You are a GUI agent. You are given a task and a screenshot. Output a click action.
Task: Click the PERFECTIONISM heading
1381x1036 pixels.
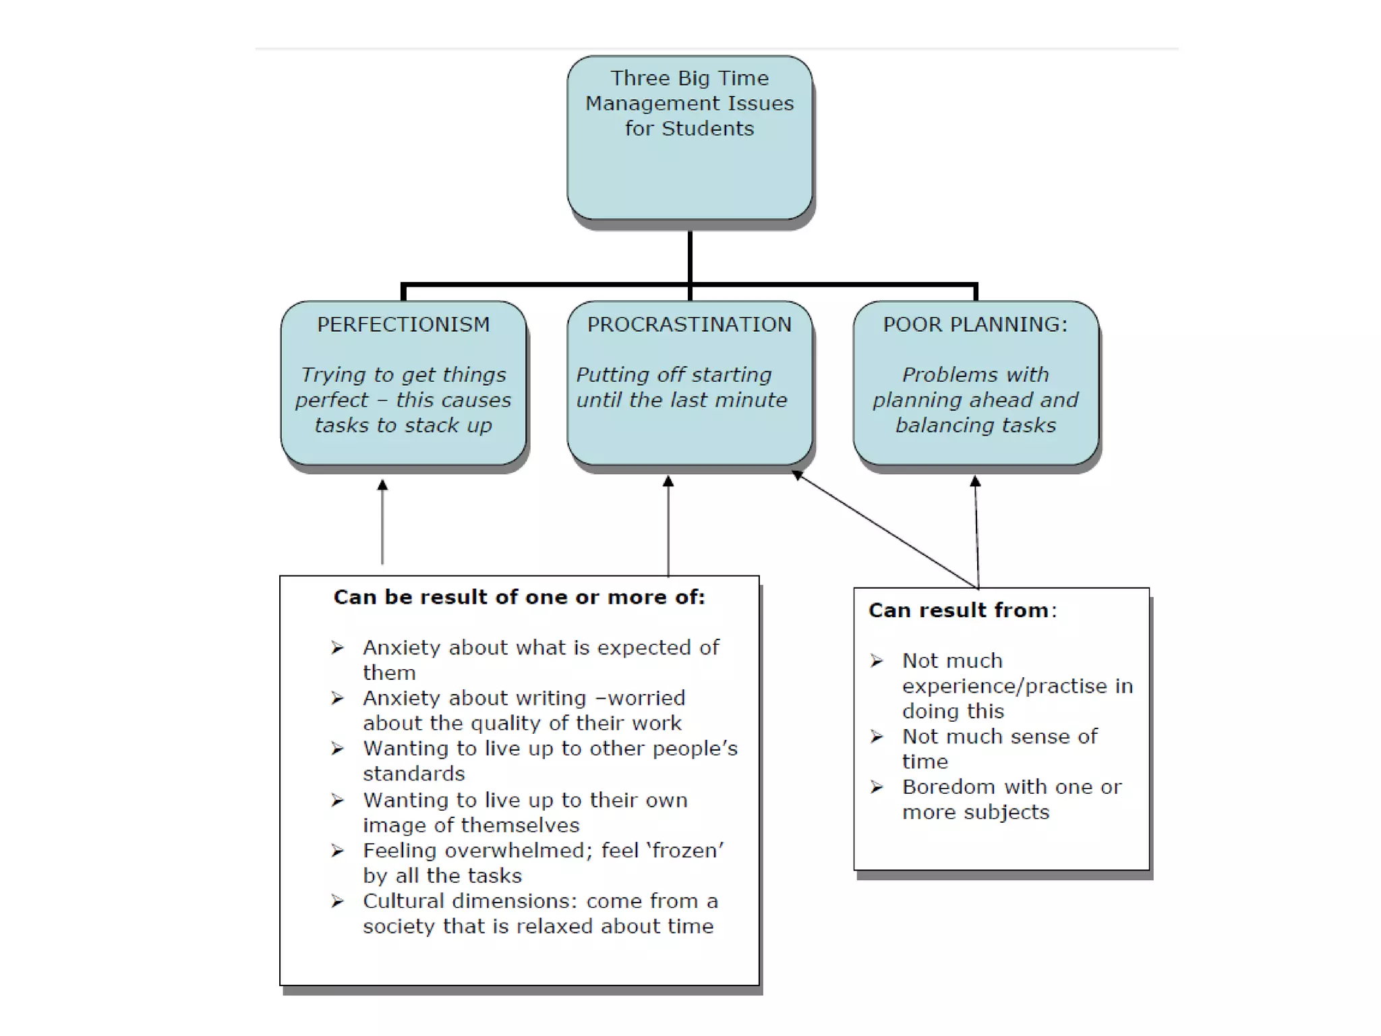pos(403,324)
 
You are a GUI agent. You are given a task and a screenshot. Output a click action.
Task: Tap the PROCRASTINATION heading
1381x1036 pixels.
pos(689,324)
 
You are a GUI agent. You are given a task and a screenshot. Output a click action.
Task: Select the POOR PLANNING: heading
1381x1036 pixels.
pos(975,324)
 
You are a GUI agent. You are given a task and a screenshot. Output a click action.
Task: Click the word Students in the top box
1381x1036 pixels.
pos(707,128)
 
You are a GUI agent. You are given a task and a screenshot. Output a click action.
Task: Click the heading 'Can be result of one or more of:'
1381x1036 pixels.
pos(519,597)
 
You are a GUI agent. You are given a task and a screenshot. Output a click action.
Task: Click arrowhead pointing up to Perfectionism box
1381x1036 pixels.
pos(382,485)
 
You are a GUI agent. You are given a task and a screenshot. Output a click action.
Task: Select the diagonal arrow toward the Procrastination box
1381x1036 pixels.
pos(883,529)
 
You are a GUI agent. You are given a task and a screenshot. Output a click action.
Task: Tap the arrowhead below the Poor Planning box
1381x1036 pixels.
pos(975,482)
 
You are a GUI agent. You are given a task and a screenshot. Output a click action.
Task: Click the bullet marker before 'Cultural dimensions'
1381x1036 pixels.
pos(337,901)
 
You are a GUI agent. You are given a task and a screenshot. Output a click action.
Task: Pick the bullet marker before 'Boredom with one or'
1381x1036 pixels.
pos(876,787)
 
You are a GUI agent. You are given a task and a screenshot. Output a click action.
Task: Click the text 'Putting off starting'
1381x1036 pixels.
pos(674,374)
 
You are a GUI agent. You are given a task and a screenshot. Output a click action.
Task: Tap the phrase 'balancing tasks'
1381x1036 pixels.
pos(975,425)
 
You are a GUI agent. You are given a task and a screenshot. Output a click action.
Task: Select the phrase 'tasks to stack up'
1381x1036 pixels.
pos(403,425)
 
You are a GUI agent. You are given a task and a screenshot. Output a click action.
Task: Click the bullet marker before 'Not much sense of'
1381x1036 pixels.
pos(876,737)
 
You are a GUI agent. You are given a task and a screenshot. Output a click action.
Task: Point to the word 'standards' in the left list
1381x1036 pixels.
pos(413,774)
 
